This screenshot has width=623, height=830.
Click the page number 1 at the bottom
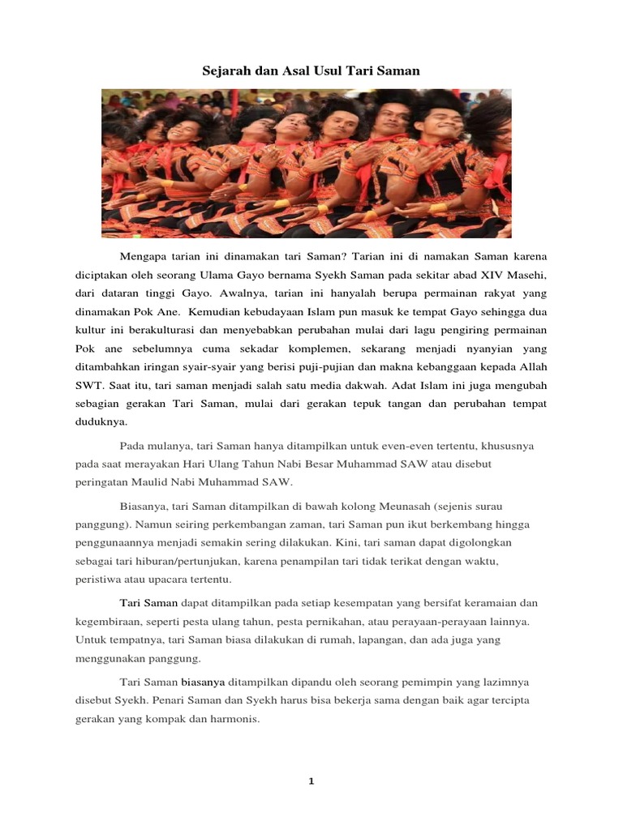pos(311,781)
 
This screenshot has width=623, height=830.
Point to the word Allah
pos(531,366)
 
